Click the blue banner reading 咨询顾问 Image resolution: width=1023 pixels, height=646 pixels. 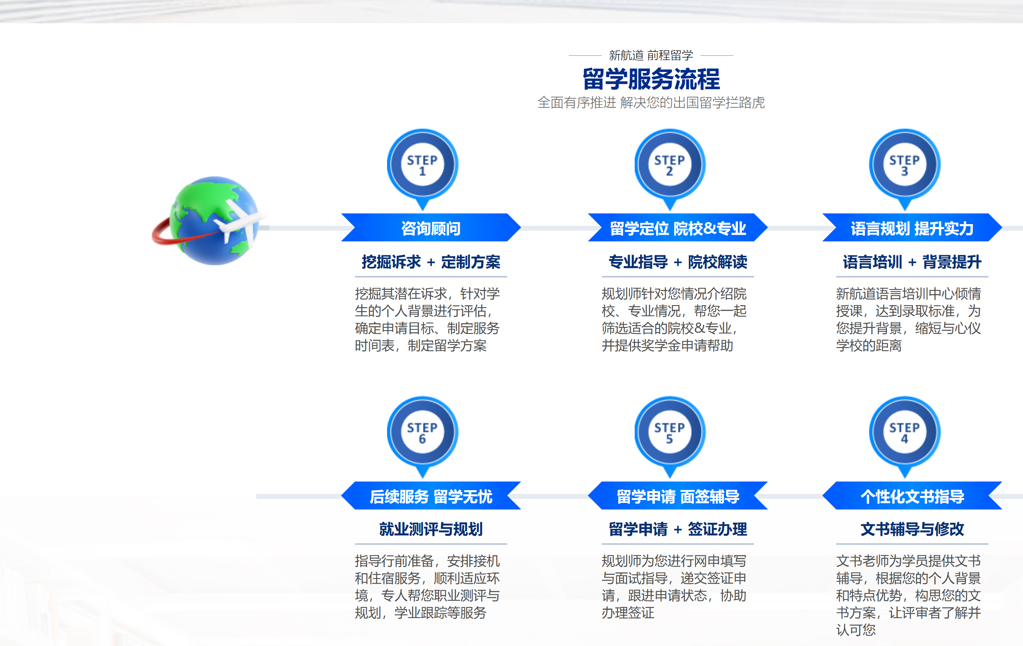tap(431, 228)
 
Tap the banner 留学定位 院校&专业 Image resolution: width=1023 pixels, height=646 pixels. tap(677, 228)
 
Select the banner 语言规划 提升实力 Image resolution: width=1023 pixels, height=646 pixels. tap(912, 228)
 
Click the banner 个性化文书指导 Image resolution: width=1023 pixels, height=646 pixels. tap(912, 495)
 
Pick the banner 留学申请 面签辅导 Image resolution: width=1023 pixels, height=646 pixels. tap(677, 495)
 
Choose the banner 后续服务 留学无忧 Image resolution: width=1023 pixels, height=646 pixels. tap(431, 495)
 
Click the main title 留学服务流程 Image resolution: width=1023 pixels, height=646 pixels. tap(651, 79)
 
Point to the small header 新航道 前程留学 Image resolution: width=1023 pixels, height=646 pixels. tap(651, 55)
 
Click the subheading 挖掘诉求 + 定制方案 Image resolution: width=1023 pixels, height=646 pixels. tap(431, 262)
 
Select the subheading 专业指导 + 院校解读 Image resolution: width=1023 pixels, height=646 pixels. tap(677, 262)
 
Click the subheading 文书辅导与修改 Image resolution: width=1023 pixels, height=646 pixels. tap(912, 529)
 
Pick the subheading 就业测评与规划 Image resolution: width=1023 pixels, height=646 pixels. tap(431, 529)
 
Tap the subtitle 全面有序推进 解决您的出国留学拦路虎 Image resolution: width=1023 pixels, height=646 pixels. tap(651, 103)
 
